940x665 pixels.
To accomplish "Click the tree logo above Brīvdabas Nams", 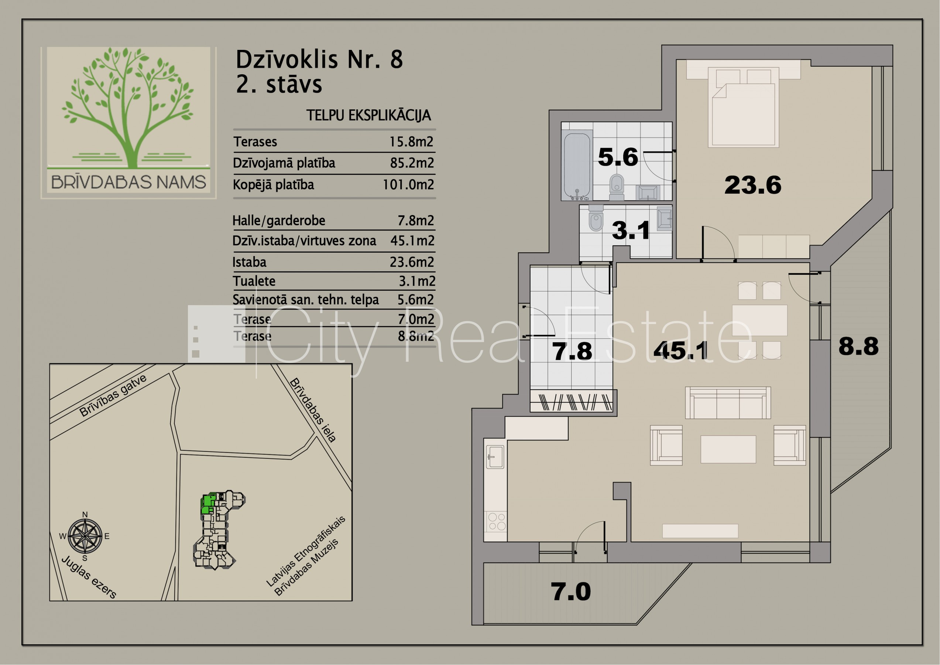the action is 128,108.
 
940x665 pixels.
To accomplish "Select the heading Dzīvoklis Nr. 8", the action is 319,59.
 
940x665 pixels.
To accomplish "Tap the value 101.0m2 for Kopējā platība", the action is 408,185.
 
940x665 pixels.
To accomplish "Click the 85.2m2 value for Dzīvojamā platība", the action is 412,163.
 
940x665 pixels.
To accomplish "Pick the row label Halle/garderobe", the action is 279,221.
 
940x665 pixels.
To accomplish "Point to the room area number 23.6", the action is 752,185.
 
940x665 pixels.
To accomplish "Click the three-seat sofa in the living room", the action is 728,403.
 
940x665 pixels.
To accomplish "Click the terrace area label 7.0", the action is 571,591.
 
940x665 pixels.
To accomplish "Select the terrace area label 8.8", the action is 858,346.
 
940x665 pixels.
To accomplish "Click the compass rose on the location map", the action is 85,536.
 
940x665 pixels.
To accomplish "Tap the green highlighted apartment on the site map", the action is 208,504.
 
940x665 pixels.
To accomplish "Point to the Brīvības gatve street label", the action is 113,395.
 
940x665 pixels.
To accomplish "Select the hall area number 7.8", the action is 572,351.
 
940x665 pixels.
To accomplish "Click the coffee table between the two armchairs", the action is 728,449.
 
